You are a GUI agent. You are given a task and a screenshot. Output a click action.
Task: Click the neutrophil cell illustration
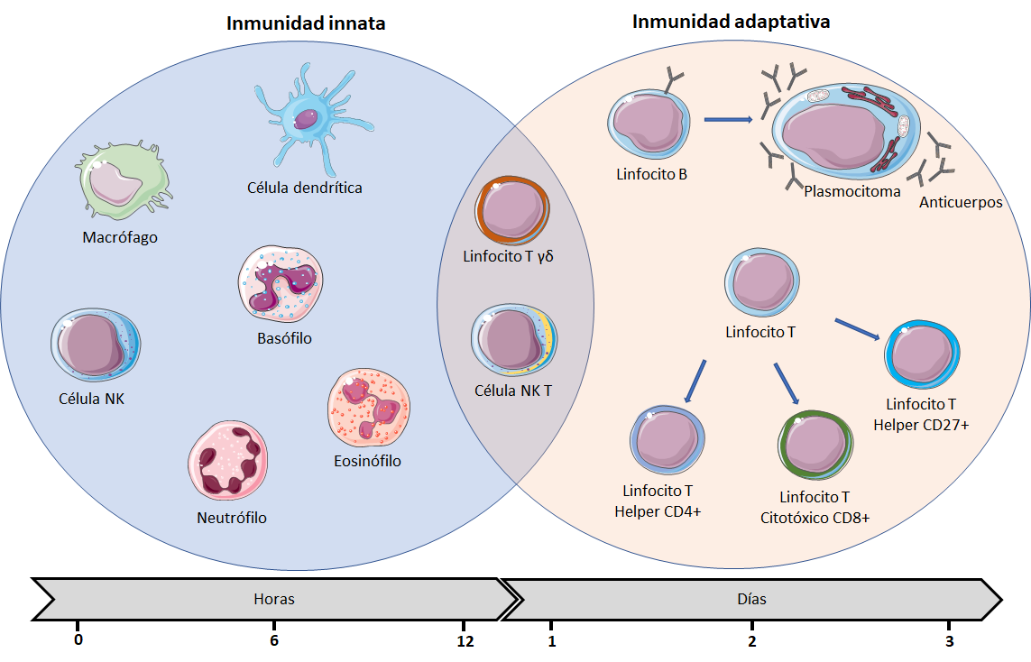(228, 459)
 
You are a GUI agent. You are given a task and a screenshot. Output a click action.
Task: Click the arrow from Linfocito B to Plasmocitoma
(728, 119)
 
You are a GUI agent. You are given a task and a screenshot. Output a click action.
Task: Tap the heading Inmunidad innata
(306, 23)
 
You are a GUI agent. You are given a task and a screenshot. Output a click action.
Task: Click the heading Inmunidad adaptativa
(731, 22)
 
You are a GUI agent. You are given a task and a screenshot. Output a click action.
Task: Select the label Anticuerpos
(961, 202)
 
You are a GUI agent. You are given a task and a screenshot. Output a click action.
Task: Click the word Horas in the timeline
(274, 599)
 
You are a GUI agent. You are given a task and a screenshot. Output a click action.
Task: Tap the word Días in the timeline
(751, 599)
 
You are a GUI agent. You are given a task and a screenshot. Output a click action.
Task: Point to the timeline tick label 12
(465, 641)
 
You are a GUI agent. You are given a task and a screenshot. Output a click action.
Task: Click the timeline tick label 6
(274, 641)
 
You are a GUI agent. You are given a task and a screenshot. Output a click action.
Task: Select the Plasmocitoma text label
(851, 191)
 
